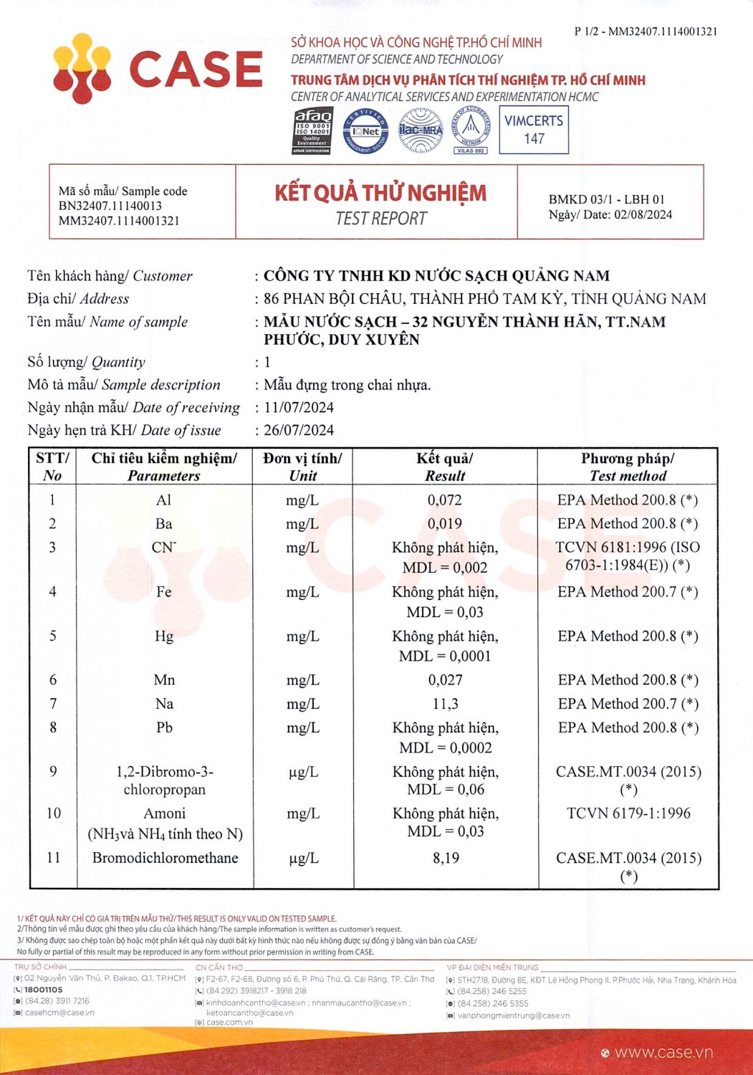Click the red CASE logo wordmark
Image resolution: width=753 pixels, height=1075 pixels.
coord(195,70)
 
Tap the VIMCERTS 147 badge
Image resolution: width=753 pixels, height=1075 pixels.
coord(534,130)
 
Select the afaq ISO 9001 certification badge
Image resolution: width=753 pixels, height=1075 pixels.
coord(313,130)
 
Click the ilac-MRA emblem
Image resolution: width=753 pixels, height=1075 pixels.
coord(421,130)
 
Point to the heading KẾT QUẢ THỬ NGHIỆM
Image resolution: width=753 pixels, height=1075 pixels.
coord(380,193)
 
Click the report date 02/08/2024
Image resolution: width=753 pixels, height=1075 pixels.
coord(643,214)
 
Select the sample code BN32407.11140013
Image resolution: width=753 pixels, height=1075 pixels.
coord(110,206)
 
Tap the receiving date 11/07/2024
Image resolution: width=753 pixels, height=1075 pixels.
coord(299,408)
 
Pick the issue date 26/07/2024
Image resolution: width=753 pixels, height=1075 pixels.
coord(299,431)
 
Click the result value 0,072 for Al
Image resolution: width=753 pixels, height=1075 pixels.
coord(445,500)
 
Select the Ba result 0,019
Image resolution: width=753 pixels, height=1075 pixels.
coord(445,524)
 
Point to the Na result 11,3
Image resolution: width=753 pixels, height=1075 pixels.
coord(445,704)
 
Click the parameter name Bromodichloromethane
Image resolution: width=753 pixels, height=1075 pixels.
coord(165,858)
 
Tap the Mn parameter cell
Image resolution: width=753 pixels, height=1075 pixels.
coord(164,680)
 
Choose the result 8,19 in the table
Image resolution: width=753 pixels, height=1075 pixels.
coord(446,858)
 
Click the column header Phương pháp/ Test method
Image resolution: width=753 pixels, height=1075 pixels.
coord(628,467)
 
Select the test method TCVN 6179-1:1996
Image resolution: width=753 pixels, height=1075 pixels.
coord(628,813)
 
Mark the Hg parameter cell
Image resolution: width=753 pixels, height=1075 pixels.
coord(164,636)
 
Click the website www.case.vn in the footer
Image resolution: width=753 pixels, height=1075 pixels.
coord(663,1052)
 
